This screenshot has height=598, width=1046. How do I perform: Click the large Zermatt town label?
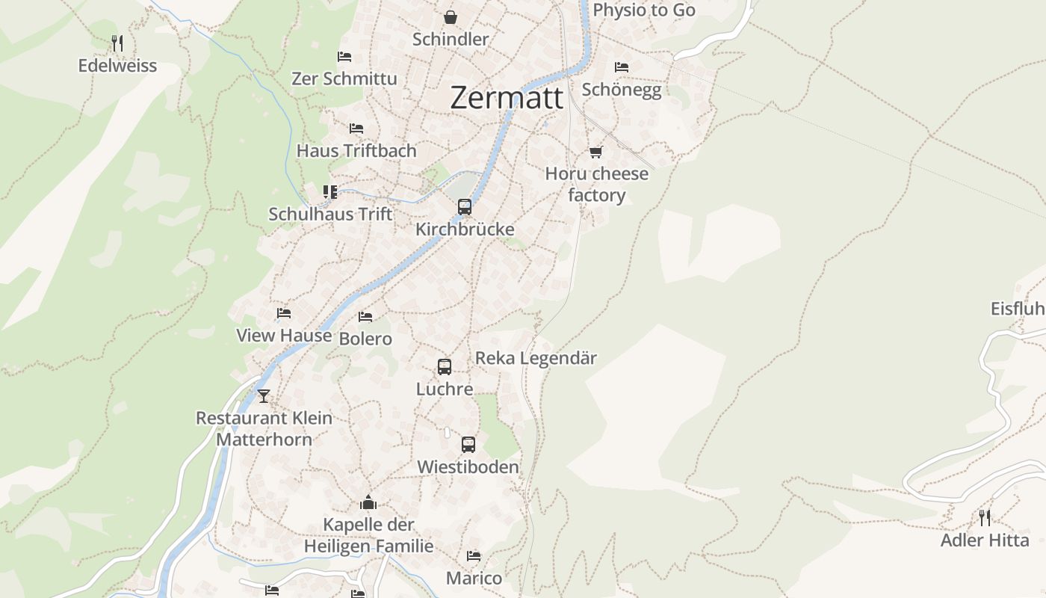click(x=507, y=98)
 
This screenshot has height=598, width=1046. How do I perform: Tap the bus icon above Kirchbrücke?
click(x=465, y=207)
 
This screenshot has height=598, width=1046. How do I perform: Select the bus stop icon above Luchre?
click(x=445, y=367)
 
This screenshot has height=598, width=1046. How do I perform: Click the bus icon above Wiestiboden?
click(x=468, y=445)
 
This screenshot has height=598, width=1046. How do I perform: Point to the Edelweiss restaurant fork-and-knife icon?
click(x=117, y=43)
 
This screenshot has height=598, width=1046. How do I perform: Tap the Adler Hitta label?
click(x=984, y=540)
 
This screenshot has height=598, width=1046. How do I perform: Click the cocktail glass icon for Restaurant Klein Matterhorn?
click(x=263, y=395)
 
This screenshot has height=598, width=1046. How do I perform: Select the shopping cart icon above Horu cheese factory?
click(x=595, y=152)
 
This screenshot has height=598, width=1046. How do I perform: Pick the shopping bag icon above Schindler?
click(x=450, y=16)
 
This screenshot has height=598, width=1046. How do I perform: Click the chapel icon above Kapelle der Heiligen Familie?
click(x=368, y=502)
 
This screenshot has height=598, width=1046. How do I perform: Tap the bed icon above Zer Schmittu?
click(x=344, y=57)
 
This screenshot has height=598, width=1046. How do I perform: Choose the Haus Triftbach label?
click(x=356, y=150)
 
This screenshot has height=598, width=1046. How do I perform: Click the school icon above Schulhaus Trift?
click(x=330, y=192)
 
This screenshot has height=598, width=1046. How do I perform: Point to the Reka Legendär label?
click(x=536, y=358)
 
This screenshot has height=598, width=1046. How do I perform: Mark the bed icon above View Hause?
click(x=283, y=313)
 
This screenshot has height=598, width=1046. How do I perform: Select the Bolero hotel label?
click(x=365, y=339)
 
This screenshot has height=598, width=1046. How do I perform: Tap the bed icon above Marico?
click(x=474, y=556)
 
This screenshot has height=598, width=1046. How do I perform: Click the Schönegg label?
click(x=621, y=90)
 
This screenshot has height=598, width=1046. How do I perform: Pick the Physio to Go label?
click(x=643, y=10)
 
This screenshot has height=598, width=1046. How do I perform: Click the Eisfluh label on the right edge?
click(x=1018, y=308)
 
